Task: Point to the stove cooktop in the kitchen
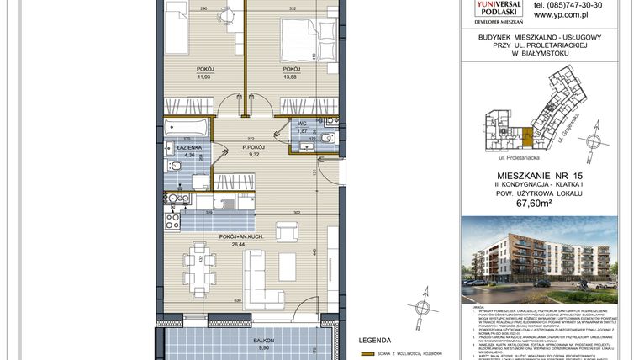pyautogui.click(x=173, y=221)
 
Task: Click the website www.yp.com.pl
pyautogui.click(x=560, y=14)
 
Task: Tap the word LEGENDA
pyautogui.click(x=376, y=341)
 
